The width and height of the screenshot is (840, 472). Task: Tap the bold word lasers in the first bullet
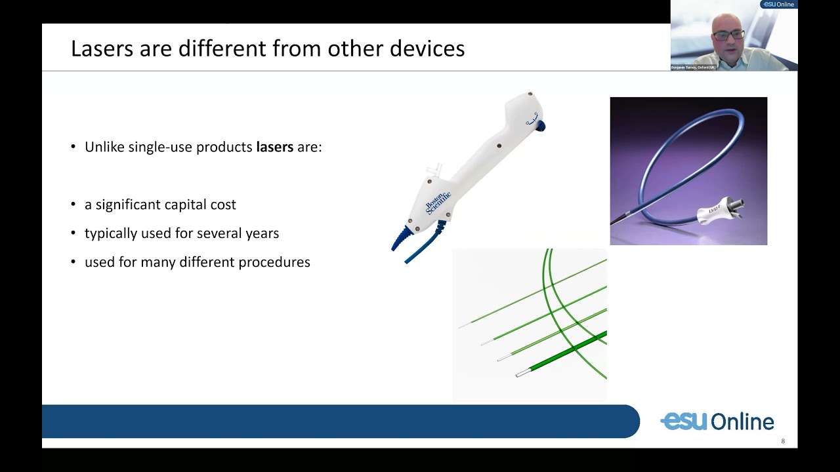pyautogui.click(x=274, y=147)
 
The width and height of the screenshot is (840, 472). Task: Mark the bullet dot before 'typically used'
pyautogui.click(x=73, y=233)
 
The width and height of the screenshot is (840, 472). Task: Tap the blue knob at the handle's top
pyautogui.click(x=541, y=126)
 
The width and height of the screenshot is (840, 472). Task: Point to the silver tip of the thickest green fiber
pyautogui.click(x=523, y=373)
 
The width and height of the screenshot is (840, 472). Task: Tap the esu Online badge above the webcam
pyautogui.click(x=778, y=5)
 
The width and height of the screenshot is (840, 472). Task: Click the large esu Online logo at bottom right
pyautogui.click(x=717, y=422)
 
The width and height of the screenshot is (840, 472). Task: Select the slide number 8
pyautogui.click(x=783, y=441)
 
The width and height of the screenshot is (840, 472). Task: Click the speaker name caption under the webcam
pyautogui.click(x=693, y=68)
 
